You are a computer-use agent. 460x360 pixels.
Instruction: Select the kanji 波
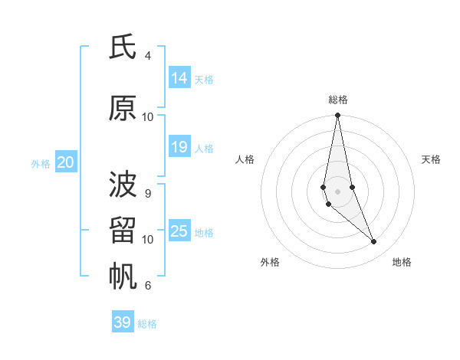[123, 185]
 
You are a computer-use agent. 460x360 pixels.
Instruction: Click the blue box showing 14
[179, 77]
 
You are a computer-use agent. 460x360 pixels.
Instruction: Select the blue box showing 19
[179, 147]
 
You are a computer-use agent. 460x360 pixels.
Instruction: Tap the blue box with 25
[179, 231]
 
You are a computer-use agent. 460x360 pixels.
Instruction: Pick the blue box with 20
[66, 162]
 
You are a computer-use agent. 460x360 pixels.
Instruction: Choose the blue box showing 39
[123, 322]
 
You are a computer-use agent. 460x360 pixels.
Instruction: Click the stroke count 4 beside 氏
[147, 56]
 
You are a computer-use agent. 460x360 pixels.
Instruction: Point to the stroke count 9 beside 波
[147, 193]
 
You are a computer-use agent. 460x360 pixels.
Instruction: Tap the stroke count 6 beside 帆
[147, 286]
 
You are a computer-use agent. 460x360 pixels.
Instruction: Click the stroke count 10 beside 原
[148, 117]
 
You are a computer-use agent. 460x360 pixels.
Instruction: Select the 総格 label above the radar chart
[338, 100]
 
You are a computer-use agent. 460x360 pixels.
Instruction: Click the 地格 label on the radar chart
[402, 262]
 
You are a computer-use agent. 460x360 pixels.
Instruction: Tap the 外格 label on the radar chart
[270, 262]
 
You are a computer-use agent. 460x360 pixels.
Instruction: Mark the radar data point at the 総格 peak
[337, 116]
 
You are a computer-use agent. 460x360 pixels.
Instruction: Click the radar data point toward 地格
[374, 242]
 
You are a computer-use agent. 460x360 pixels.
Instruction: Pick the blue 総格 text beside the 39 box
[147, 324]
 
